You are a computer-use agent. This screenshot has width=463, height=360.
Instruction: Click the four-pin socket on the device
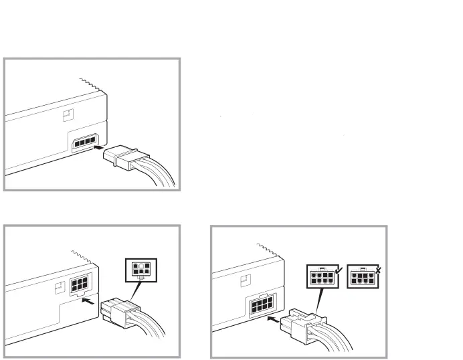[84, 143]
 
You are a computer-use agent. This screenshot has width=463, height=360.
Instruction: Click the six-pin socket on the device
[78, 284]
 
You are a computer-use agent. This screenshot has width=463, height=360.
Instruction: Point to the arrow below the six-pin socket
[86, 300]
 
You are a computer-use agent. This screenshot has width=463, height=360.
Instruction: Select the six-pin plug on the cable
[116, 311]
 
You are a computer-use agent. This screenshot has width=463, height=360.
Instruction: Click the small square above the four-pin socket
[65, 115]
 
